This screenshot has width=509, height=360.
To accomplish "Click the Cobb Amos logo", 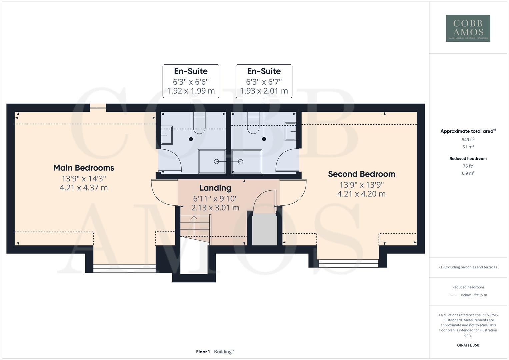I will (x=468, y=28).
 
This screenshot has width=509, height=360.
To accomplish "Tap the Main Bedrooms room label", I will (x=84, y=168).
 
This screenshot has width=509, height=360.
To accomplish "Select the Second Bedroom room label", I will (x=361, y=174).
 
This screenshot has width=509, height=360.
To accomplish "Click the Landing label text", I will (x=215, y=188).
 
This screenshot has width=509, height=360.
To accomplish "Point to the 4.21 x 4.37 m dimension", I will (x=84, y=188).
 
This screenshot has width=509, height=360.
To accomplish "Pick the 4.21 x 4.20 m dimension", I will (x=361, y=194).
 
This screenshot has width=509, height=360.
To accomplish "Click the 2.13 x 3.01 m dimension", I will (x=215, y=208).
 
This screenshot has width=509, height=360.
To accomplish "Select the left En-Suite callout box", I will (x=191, y=81).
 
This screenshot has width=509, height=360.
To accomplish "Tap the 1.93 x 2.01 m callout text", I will (x=264, y=91).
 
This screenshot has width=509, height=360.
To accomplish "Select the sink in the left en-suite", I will (x=166, y=135).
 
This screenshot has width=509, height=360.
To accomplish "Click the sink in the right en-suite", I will (x=290, y=131).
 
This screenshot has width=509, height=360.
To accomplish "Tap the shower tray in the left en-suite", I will (x=212, y=161).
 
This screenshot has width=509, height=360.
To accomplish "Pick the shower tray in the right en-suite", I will (x=247, y=161).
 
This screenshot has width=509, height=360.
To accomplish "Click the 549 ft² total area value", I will (x=468, y=140).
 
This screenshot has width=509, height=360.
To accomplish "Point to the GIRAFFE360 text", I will (x=468, y=345).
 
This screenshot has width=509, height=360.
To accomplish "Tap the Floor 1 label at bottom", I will (x=203, y=352).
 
